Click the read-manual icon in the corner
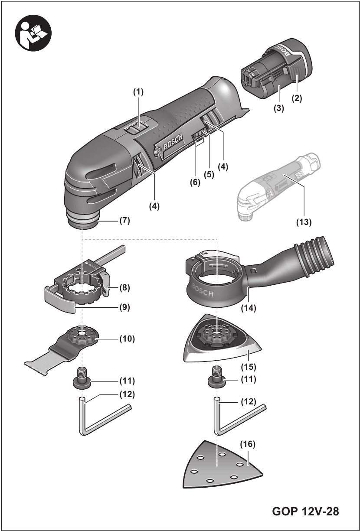(33, 33)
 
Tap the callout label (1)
(138, 92)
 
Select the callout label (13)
(303, 222)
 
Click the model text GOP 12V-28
(305, 511)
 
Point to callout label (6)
(195, 182)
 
